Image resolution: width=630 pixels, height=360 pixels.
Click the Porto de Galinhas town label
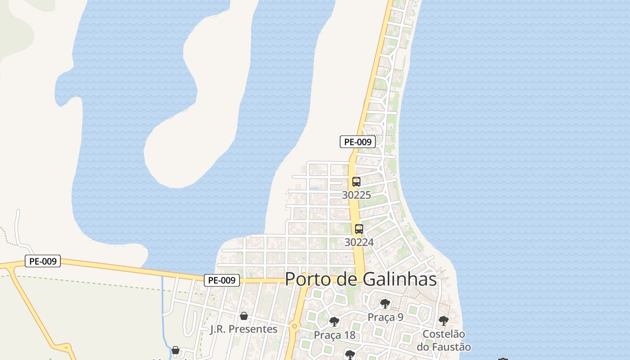coord(361,279)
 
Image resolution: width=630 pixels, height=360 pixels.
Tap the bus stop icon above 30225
coord(356,182)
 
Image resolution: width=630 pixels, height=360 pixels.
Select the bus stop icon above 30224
coord(359,229)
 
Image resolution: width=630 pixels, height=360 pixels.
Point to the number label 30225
coord(356,195)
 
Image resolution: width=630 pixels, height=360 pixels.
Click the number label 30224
coord(359,242)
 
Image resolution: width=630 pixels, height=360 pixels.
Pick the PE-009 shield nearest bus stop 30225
coord(358,142)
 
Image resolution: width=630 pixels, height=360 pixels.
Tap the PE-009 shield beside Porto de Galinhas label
coord(221,280)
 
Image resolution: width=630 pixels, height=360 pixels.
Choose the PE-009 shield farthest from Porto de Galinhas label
coord(43,261)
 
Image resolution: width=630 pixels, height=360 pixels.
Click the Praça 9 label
coord(386,317)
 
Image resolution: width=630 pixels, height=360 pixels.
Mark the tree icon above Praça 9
coord(385,303)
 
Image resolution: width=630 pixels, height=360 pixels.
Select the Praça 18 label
coord(334,335)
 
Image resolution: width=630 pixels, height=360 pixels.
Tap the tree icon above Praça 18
coord(334,321)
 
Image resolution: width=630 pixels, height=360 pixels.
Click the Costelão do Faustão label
coord(444,341)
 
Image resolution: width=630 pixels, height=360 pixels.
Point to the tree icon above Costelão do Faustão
coord(444,320)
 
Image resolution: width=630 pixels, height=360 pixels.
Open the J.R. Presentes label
coord(243,329)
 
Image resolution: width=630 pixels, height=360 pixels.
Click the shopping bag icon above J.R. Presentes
coord(243,316)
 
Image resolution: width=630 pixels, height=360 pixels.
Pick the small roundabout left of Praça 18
coord(294,325)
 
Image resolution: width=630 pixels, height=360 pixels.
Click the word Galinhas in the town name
coord(401,279)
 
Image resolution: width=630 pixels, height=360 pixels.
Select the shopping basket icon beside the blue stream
coord(175,350)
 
